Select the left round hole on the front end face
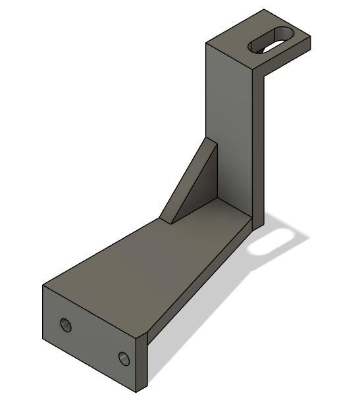coord(65,324)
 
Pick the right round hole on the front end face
coord(123,358)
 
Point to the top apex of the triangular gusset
coord(209,139)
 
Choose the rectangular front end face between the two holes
coord(92,339)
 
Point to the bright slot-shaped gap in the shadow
coord(270,241)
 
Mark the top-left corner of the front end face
coord(43,286)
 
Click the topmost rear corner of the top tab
coord(265,9)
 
